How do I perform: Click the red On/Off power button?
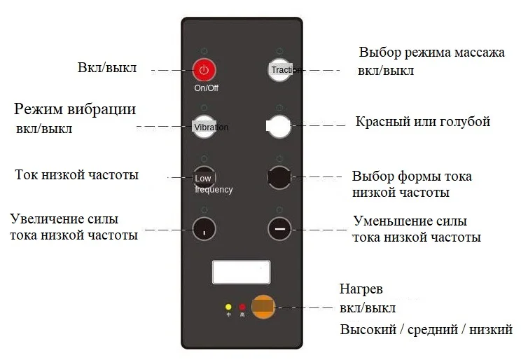coord(204,69)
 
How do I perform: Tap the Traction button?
coord(279,69)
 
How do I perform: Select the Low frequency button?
coord(203,178)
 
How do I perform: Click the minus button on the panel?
coord(279,228)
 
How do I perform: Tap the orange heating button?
coord(263,306)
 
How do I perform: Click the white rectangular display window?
coord(242,272)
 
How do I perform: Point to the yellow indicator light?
coord(228,307)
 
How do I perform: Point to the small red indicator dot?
coord(242,307)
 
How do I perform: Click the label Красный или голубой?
coord(422,122)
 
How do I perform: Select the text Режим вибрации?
coord(76,110)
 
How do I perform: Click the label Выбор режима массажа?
coord(431,53)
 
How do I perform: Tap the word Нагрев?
coord(361,289)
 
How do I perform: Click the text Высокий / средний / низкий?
coord(426,328)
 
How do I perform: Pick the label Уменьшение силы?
coord(410,221)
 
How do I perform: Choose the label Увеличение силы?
coord(64,219)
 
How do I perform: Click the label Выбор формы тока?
coord(412,176)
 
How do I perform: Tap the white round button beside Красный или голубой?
coord(279,127)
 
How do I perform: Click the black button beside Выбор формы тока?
coord(279,178)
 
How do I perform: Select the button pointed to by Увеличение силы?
coord(204,228)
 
